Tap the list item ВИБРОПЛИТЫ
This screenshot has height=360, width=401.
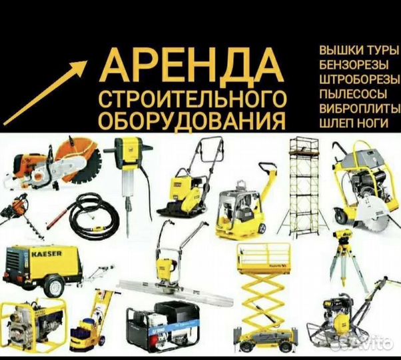360,108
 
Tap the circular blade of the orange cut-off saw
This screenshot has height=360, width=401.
86,160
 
